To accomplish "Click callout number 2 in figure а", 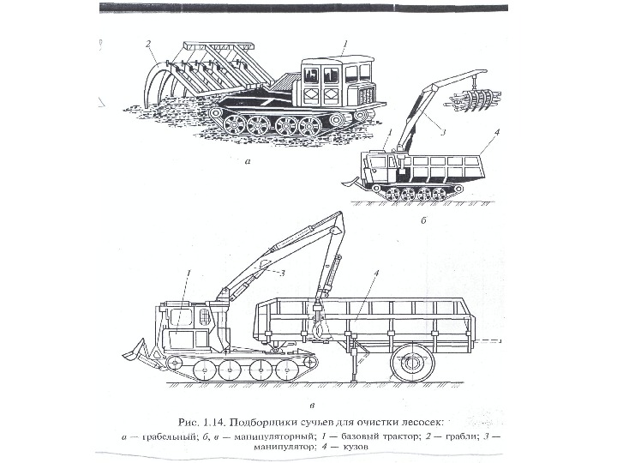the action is (148, 43).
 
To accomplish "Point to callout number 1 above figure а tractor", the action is (344, 43).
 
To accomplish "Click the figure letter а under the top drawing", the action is (249, 159).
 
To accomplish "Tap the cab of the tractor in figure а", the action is (337, 81).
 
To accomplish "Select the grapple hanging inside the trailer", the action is (318, 325).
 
